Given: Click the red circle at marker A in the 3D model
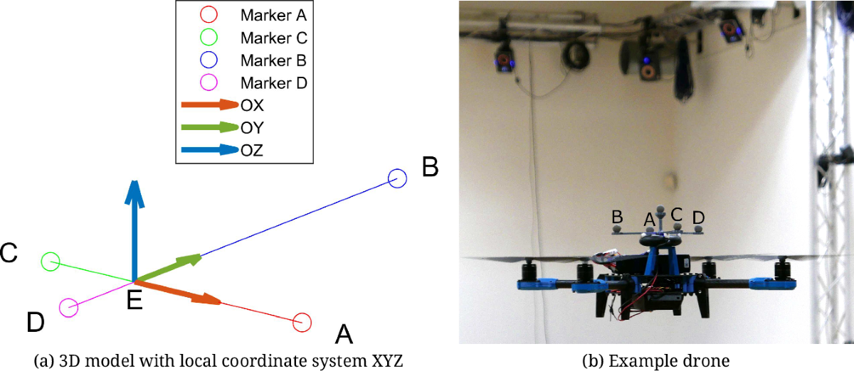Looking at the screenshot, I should pyautogui.click(x=302, y=322).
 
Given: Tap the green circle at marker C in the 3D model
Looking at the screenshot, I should pyautogui.click(x=50, y=262).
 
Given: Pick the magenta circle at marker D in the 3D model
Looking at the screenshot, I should pyautogui.click(x=68, y=308).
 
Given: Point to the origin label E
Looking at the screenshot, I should pyautogui.click(x=135, y=302).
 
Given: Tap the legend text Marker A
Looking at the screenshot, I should pyautogui.click(x=273, y=14).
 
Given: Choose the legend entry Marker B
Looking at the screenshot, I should pyautogui.click(x=273, y=60).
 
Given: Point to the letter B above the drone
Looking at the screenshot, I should pyautogui.click(x=618, y=216).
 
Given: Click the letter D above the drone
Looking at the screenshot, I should pyautogui.click(x=699, y=216).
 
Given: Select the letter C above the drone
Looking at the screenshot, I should pyautogui.click(x=677, y=213).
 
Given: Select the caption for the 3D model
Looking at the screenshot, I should pyautogui.click(x=218, y=360).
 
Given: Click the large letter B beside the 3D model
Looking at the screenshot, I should pyautogui.click(x=431, y=167).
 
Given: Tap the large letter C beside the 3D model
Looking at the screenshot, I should pyautogui.click(x=9, y=252).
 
